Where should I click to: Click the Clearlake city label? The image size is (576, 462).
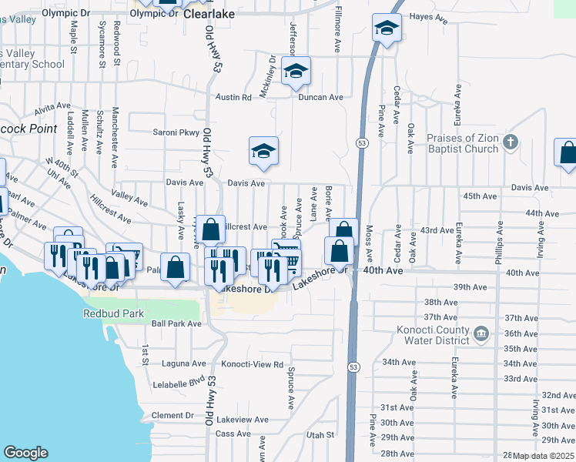(x=209, y=13)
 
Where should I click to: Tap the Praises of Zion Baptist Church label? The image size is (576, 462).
(x=462, y=144)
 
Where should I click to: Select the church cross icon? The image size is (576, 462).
(x=511, y=142)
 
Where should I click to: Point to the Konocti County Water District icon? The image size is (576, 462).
(x=481, y=333)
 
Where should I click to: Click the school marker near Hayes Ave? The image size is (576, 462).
(x=386, y=30)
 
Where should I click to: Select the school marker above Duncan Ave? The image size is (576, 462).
(x=295, y=72)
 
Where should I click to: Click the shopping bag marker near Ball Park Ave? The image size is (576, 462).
(x=176, y=268)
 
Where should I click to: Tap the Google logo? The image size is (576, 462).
(x=25, y=453)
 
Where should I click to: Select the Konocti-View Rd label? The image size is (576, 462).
(x=253, y=364)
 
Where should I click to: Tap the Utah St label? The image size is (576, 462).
(x=318, y=435)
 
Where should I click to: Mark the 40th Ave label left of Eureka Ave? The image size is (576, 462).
(x=383, y=271)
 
